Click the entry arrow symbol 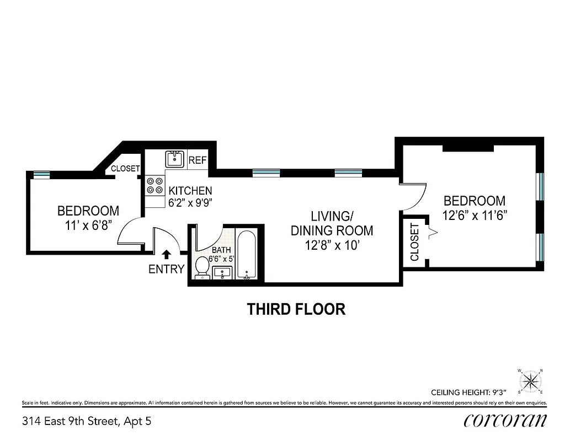(x=167, y=254)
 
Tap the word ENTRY (x=166, y=269)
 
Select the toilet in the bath (x=202, y=268)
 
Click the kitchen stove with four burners (x=155, y=185)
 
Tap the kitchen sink (x=175, y=159)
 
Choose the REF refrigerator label (x=197, y=160)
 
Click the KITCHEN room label (x=190, y=191)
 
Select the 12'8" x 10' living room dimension (x=332, y=245)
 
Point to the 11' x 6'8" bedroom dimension (x=88, y=225)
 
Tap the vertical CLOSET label (x=415, y=241)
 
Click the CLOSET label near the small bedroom (x=125, y=169)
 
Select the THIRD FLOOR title (x=296, y=309)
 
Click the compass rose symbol (x=530, y=381)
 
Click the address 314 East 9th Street (x=86, y=422)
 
